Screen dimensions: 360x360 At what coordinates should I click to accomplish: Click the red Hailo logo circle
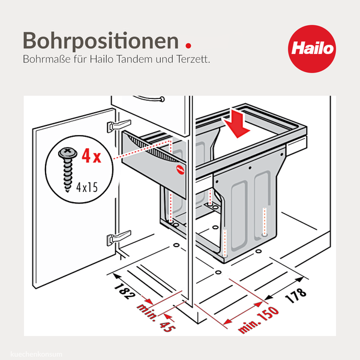312,49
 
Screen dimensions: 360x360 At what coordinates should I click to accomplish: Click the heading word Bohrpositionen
101,41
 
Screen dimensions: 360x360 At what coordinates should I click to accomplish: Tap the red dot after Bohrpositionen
188,46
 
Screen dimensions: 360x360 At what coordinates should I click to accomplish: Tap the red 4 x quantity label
91,156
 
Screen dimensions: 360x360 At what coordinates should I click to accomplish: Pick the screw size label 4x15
87,187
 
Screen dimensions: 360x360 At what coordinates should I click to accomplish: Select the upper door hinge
119,125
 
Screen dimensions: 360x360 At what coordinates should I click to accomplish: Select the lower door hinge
119,238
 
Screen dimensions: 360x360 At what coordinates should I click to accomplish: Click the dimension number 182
125,291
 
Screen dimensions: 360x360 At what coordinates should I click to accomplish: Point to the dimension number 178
296,295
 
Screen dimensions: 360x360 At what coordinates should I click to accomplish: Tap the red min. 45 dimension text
157,318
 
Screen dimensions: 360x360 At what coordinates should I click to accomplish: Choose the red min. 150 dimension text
259,320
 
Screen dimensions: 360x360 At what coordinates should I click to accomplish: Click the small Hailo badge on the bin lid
180,169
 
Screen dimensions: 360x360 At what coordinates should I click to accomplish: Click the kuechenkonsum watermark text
36,354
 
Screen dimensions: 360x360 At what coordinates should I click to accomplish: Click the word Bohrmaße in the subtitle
47,59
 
